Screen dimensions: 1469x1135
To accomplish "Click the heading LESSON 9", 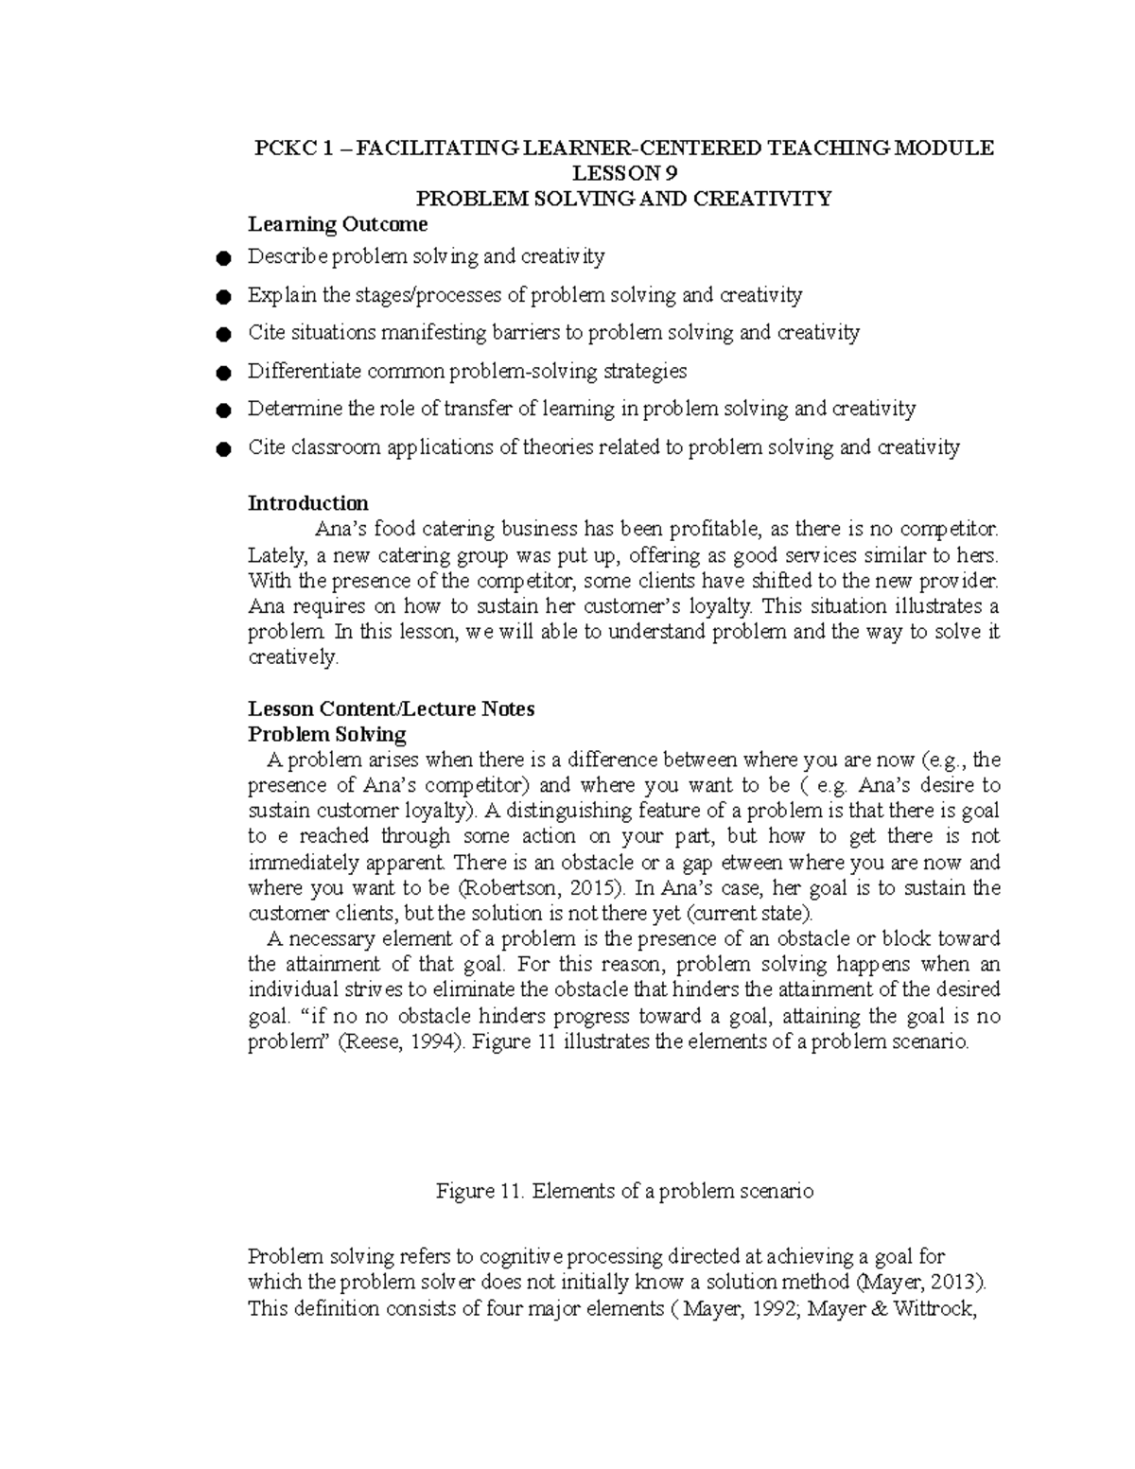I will pyautogui.click(x=625, y=173).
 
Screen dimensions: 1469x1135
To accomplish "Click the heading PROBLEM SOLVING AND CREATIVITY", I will pyautogui.click(x=624, y=199).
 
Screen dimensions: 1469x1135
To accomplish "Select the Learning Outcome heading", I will pyautogui.click(x=337, y=224).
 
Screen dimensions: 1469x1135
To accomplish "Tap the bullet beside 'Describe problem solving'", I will pyautogui.click(x=222, y=258).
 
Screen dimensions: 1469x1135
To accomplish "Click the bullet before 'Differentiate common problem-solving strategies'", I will pyautogui.click(x=222, y=373).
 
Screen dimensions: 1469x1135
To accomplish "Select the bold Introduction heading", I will pyautogui.click(x=307, y=503).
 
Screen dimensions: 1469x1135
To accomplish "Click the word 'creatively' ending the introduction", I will pyautogui.click(x=290, y=657).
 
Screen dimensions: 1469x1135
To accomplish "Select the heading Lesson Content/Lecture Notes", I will pyautogui.click(x=391, y=709).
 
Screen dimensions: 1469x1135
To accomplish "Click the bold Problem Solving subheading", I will pyautogui.click(x=326, y=735).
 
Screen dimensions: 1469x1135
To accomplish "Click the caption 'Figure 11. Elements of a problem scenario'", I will pyautogui.click(x=624, y=1192).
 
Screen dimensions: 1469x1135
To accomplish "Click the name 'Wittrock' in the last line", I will pyautogui.click(x=933, y=1309).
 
